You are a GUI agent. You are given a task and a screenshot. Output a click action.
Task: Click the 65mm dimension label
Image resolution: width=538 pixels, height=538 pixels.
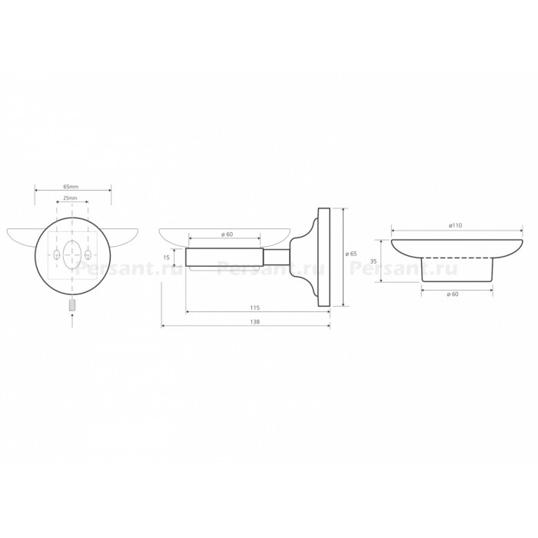[x=71, y=187]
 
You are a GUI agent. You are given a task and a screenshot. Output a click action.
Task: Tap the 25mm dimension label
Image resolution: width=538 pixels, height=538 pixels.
[x=71, y=198]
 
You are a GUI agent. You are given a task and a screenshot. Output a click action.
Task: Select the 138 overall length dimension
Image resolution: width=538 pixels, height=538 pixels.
[x=255, y=322]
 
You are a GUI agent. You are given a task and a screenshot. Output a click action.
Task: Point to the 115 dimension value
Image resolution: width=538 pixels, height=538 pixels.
[x=255, y=307]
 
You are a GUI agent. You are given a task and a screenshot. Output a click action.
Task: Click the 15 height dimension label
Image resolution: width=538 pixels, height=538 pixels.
[x=167, y=257]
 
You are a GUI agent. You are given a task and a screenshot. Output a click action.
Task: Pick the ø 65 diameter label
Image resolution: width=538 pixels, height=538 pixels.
[x=351, y=254]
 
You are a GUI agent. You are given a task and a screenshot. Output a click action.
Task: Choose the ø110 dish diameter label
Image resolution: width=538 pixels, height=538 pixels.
[x=455, y=225]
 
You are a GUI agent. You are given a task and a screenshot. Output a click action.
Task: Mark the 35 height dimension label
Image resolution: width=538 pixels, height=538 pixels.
[x=374, y=261]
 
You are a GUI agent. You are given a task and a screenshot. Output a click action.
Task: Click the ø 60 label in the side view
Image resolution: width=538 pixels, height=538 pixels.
[x=227, y=234]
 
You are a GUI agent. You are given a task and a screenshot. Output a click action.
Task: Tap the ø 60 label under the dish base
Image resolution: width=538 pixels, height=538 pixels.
[x=452, y=294]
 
